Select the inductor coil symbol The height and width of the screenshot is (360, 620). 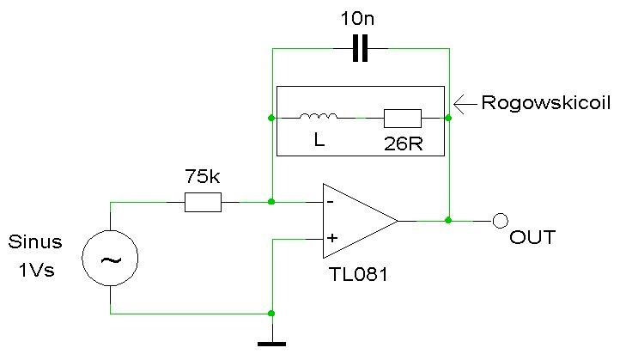coord(319,117)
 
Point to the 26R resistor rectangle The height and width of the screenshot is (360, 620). coord(402,118)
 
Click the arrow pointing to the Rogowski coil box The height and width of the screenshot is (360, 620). coord(464,104)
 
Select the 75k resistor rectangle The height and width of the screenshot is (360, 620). coord(203,202)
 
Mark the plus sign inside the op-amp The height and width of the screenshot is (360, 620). coord(330,239)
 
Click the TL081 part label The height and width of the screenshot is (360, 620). coord(357,274)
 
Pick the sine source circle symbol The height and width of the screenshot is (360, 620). coord(111,258)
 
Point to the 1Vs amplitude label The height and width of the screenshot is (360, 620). coord(36,269)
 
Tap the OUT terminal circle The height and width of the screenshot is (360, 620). coord(500,221)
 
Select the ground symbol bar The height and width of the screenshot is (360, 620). coord(271,345)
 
